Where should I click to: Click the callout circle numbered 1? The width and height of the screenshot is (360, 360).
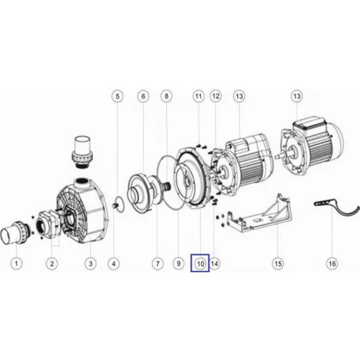click(16, 263)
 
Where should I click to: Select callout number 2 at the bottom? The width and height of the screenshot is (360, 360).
click(52, 263)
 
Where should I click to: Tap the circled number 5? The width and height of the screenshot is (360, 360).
click(118, 96)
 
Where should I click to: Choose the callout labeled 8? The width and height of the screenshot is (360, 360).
click(167, 96)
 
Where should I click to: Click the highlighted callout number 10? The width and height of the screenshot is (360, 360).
click(200, 264)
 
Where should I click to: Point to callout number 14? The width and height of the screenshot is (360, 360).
click(214, 263)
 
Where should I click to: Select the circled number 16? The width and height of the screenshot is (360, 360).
click(332, 263)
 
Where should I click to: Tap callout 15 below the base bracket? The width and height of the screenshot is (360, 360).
click(278, 263)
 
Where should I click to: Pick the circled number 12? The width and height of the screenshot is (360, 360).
click(216, 96)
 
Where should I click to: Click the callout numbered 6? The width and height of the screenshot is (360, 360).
click(143, 96)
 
